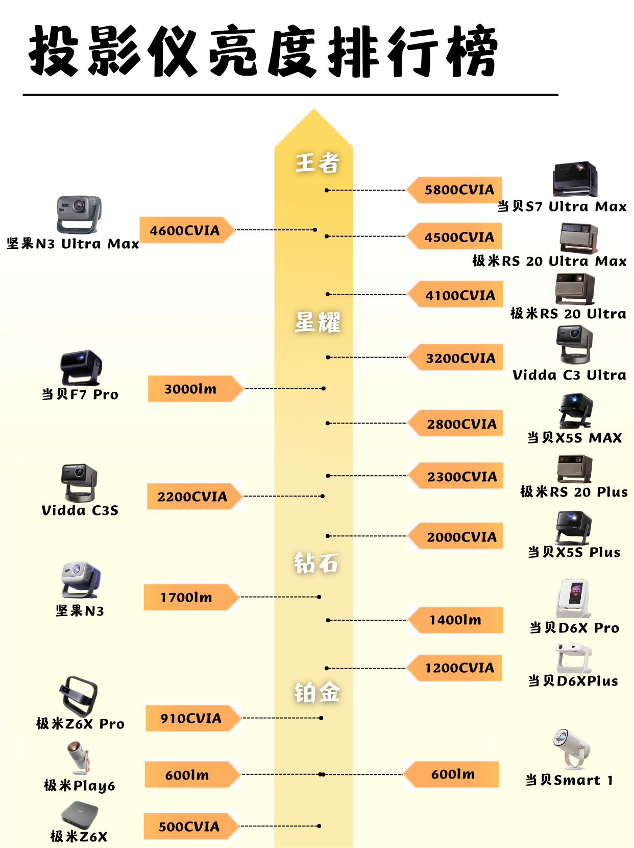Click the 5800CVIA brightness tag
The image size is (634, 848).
pyautogui.click(x=458, y=190)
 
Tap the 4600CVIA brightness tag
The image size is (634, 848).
pyautogui.click(x=185, y=230)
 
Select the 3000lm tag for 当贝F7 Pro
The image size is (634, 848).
pyautogui.click(x=191, y=389)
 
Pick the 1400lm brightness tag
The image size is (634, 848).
pyautogui.click(x=455, y=620)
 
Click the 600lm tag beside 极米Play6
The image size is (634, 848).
pyautogui.click(x=188, y=775)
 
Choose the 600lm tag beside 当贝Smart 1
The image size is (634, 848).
pyautogui.click(x=452, y=774)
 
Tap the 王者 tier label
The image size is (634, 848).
pyautogui.click(x=317, y=163)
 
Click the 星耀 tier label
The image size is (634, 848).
pyautogui.click(x=317, y=322)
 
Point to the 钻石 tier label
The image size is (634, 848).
pyautogui.click(x=316, y=563)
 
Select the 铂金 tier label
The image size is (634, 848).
pyautogui.click(x=317, y=693)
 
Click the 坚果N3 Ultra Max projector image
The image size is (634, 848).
pyautogui.click(x=79, y=214)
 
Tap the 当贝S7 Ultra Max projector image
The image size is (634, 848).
pyautogui.click(x=575, y=180)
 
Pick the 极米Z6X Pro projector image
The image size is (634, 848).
pyautogui.click(x=78, y=695)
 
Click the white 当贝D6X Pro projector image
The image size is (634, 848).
pyautogui.click(x=573, y=598)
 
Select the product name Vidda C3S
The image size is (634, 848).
pyautogui.click(x=80, y=510)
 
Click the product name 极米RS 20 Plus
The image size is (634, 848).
pyautogui.click(x=574, y=492)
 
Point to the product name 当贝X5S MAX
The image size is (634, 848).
pyautogui.click(x=574, y=438)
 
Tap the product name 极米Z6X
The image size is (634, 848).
pyautogui.click(x=79, y=836)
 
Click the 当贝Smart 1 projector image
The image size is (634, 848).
pyautogui.click(x=571, y=749)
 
